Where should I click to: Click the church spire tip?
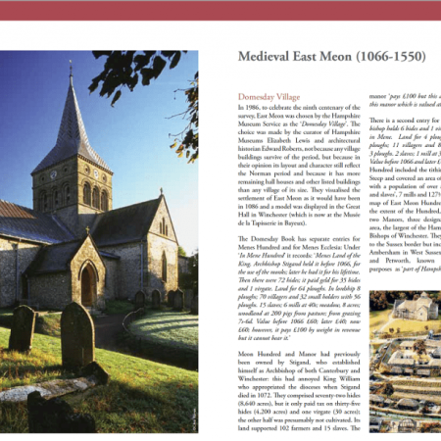[x=71, y=68]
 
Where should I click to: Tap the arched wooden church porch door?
[x=88, y=284]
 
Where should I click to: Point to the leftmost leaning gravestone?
[x=22, y=328]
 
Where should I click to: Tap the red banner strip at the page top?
[x=220, y=10]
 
